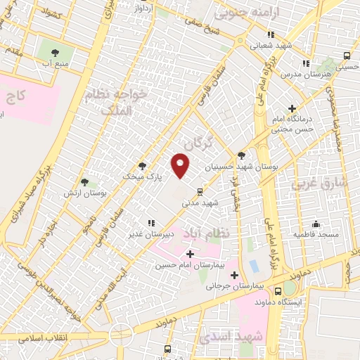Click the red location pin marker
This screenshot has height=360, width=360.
tap(181, 166)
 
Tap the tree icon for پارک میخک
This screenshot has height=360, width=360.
tap(143, 166)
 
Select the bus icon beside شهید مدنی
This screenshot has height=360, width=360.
tap(200, 191)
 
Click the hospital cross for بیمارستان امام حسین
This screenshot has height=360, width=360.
tap(189, 253)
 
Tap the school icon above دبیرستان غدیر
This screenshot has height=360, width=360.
tap(150, 222)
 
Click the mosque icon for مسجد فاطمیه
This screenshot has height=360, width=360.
tap(316, 224)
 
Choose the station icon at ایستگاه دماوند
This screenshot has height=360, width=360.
tap(289, 289)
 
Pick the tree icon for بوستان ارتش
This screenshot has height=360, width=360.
tap(85, 182)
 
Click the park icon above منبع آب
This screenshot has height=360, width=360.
tap(55, 51)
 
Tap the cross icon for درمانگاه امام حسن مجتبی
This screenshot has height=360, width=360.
tap(312, 108)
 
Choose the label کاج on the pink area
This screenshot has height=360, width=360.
tap(23, 95)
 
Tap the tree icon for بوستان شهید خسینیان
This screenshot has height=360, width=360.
tap(242, 155)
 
